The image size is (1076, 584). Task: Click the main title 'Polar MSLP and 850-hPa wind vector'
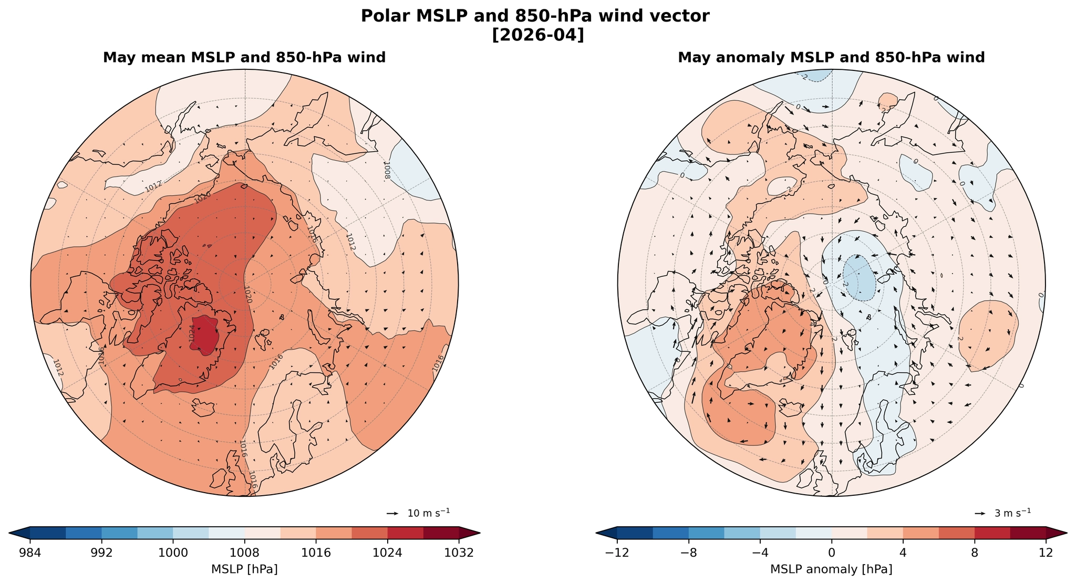click(538, 16)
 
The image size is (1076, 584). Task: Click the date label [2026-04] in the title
click(538, 35)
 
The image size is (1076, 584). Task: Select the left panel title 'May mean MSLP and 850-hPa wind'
click(244, 58)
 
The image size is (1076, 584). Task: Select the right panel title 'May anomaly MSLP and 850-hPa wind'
click(831, 58)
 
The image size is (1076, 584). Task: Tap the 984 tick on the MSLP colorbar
click(30, 553)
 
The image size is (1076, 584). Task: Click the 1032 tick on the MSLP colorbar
click(459, 553)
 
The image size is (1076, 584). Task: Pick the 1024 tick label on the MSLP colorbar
click(388, 553)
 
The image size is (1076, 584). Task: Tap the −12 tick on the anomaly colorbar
click(617, 553)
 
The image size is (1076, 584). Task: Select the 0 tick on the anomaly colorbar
click(832, 553)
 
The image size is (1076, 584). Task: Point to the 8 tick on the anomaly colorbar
click(975, 553)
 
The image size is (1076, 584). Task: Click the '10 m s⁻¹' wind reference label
click(429, 513)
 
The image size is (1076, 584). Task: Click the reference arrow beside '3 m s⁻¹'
click(980, 513)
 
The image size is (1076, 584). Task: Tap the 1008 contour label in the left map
click(387, 170)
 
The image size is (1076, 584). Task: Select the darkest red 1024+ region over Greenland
click(206, 333)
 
